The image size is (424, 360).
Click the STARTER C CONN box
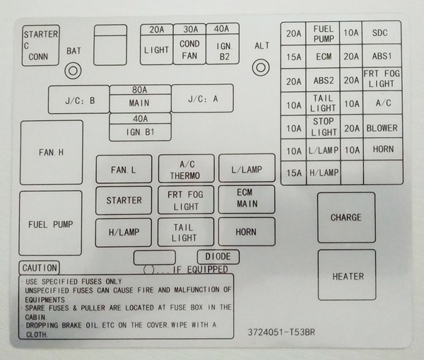point(41,45)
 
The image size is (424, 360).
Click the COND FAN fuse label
point(189,50)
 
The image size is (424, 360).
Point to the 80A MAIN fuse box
point(139,99)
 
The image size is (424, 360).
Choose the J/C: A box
point(202,99)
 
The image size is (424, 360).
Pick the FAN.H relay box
point(51,152)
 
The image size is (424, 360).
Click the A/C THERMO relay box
point(185,170)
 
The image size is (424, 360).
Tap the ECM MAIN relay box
point(246,199)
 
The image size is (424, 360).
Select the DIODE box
point(218,257)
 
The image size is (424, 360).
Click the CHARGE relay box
point(346,217)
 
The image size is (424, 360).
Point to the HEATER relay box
point(347,276)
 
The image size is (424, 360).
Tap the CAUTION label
point(40,268)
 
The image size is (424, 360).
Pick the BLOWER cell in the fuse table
point(382,128)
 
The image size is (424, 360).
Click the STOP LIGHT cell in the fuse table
point(324,127)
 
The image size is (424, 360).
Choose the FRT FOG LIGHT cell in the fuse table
point(382,79)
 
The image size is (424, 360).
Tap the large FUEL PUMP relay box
point(51,224)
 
